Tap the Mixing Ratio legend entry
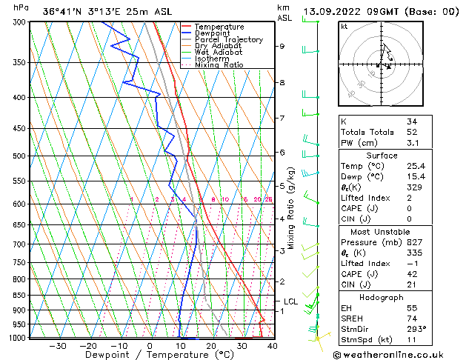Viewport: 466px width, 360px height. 215,65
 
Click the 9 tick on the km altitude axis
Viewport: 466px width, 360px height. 282,46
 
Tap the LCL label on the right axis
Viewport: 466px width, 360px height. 290,301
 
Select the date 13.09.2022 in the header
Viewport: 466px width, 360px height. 333,12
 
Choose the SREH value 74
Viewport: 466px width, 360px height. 412,319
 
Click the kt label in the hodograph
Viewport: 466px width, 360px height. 344,27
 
